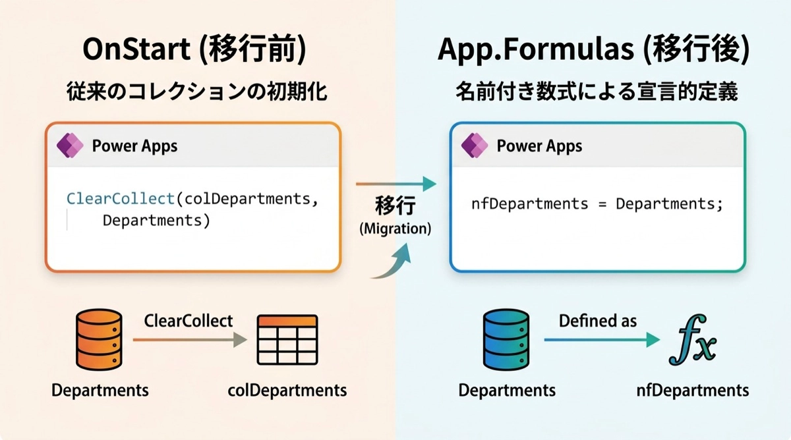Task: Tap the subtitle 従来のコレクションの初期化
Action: pyautogui.click(x=197, y=92)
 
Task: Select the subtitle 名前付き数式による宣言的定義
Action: pyautogui.click(x=597, y=92)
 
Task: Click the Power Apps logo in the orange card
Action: pyautogui.click(x=70, y=146)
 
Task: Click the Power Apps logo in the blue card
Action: pyautogui.click(x=475, y=146)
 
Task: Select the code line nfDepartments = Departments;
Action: pyautogui.click(x=597, y=204)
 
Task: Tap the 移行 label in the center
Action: pyautogui.click(x=395, y=206)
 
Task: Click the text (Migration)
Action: pyautogui.click(x=395, y=229)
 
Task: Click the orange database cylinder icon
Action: pyautogui.click(x=100, y=340)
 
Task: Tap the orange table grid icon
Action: pyautogui.click(x=287, y=341)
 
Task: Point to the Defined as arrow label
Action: pyautogui.click(x=598, y=321)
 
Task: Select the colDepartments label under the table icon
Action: pyautogui.click(x=287, y=390)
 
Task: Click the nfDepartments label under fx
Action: pyautogui.click(x=692, y=390)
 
